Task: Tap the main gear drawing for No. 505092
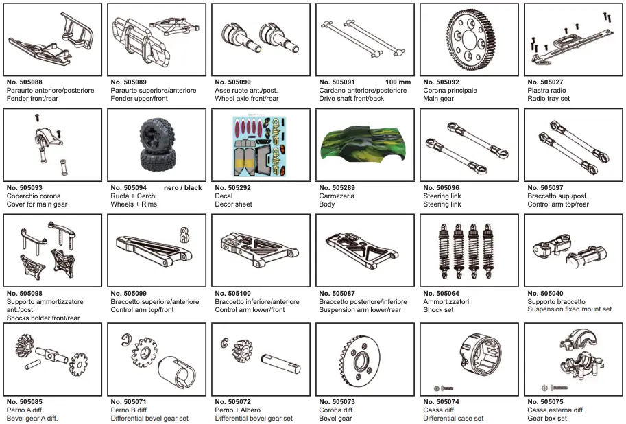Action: tap(469, 39)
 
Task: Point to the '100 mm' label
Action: tap(398, 82)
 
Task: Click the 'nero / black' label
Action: tap(183, 187)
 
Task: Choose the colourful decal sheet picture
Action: tap(260, 145)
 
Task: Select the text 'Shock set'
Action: tap(438, 309)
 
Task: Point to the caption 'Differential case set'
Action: tap(453, 418)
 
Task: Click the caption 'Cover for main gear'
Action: tap(37, 204)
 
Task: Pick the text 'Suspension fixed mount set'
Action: tap(569, 309)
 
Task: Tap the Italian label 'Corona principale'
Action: tap(450, 90)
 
